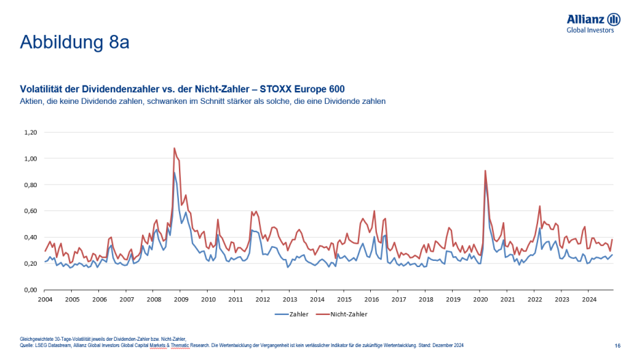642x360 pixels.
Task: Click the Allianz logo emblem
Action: pyautogui.click(x=613, y=19)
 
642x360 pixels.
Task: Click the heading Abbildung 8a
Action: pyautogui.click(x=74, y=42)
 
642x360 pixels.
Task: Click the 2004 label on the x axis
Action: pyautogui.click(x=45, y=299)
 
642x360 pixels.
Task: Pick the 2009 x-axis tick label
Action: pyautogui.click(x=181, y=299)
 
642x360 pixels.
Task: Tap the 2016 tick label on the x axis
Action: pyautogui.click(x=372, y=299)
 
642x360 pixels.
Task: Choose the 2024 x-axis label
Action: pyautogui.click(x=589, y=299)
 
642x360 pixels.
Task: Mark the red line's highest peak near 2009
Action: pyautogui.click(x=174, y=148)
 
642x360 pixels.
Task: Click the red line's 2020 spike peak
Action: pyautogui.click(x=485, y=171)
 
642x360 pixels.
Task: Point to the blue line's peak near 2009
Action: pyautogui.click(x=174, y=173)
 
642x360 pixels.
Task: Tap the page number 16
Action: pyautogui.click(x=617, y=346)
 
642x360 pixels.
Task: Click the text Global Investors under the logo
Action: pyautogui.click(x=590, y=30)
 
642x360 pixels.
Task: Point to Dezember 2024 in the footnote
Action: pyautogui.click(x=447, y=346)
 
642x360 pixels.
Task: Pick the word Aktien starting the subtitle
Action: pyautogui.click(x=32, y=100)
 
